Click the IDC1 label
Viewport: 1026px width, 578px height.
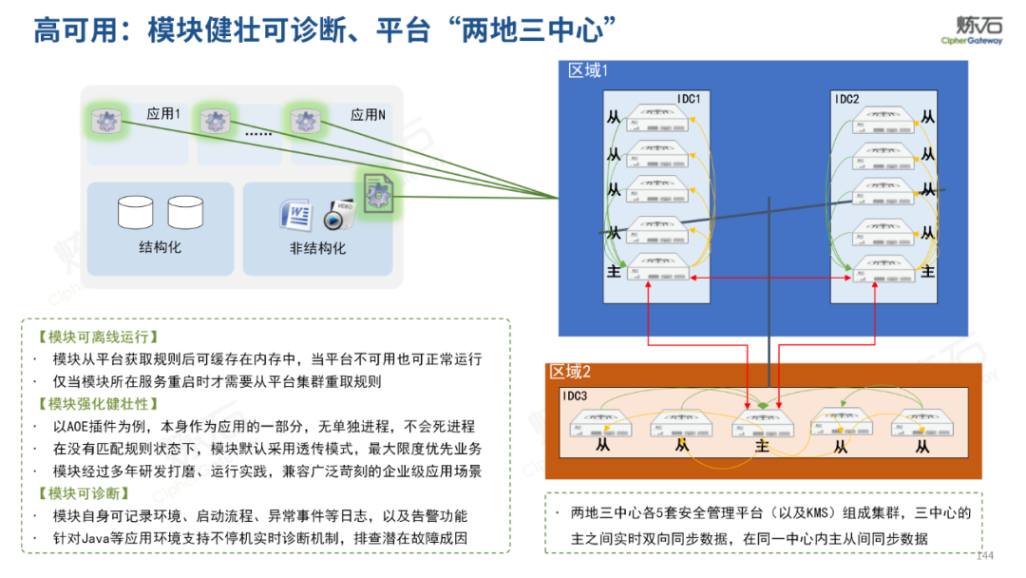(689, 99)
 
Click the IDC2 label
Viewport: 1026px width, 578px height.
(846, 99)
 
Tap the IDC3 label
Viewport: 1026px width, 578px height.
(575, 395)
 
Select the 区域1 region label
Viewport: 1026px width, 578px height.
(588, 70)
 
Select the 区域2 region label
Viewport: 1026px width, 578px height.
(570, 372)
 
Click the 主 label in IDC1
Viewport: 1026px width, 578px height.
(614, 272)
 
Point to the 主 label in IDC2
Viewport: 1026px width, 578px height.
(928, 272)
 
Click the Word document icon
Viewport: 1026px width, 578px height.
(295, 215)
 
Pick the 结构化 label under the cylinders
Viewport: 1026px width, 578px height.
(160, 247)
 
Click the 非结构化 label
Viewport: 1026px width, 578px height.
(317, 248)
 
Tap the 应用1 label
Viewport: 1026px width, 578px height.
(163, 114)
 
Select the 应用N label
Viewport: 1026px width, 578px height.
(368, 115)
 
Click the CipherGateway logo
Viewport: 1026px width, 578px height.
(972, 29)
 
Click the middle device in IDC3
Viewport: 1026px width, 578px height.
(762, 424)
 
